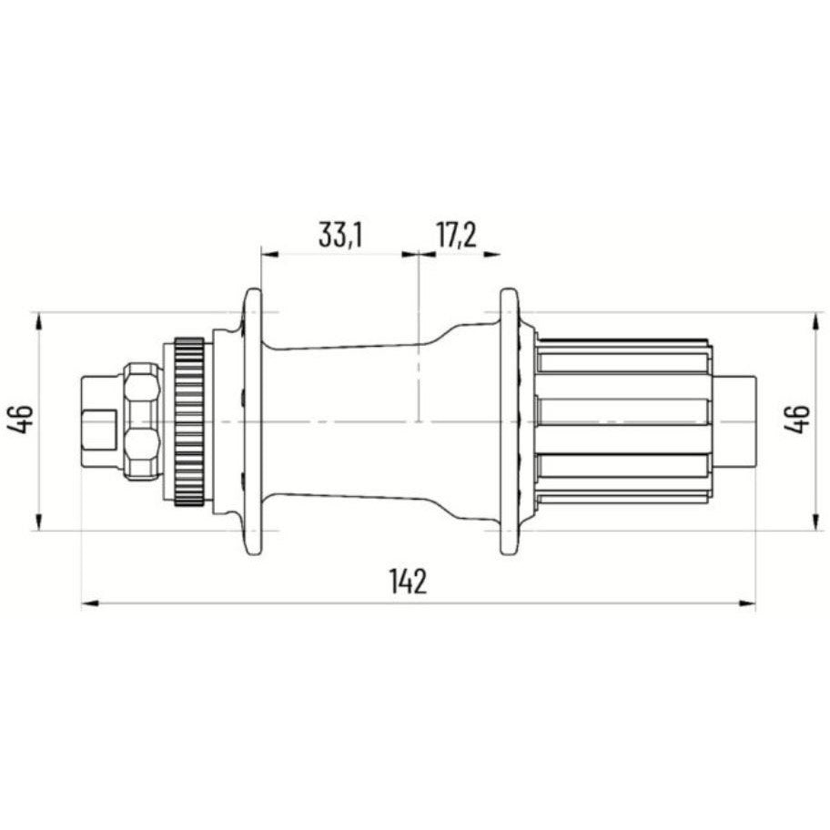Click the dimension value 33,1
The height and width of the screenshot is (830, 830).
point(340,235)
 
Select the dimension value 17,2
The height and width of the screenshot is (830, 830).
point(456,235)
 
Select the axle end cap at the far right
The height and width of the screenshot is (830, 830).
point(739,421)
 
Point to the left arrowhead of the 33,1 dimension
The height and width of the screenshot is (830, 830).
point(268,254)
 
